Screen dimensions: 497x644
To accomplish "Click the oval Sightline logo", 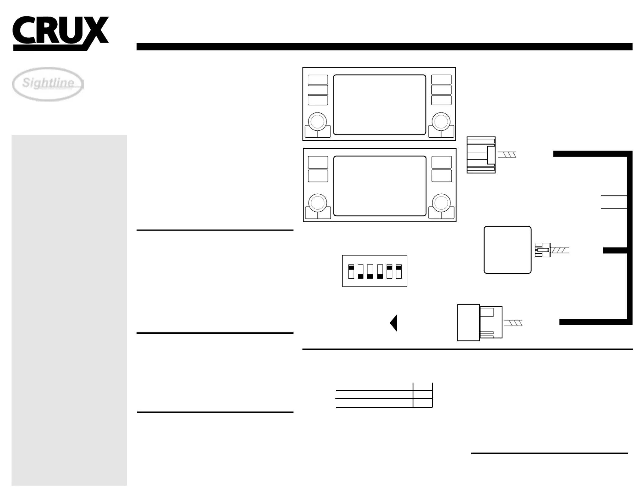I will [x=48, y=84].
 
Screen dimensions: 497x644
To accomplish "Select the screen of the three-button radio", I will [x=379, y=104].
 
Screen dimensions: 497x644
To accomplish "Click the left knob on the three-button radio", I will [x=317, y=122].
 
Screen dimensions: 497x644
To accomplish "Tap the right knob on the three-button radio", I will [x=441, y=122].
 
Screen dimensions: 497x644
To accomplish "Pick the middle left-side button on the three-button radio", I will [x=318, y=90].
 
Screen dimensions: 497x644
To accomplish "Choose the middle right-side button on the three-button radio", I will [x=441, y=90].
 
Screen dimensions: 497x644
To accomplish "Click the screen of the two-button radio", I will [x=380, y=186].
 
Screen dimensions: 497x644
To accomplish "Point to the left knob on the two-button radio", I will [x=318, y=203].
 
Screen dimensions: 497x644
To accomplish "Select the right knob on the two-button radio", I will [x=441, y=203].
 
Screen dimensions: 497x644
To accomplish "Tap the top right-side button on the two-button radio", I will [x=442, y=162].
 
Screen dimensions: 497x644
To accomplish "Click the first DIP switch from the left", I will [x=351, y=272].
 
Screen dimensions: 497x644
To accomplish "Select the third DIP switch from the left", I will [x=370, y=272].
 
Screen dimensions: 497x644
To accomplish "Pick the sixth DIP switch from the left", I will [x=399, y=272].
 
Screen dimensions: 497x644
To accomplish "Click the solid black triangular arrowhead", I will [x=394, y=323].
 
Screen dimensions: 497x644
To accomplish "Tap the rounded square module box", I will [x=507, y=250].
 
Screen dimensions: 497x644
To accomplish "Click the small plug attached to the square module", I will [x=543, y=250].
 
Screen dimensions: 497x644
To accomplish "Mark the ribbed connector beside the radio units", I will [x=481, y=155].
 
